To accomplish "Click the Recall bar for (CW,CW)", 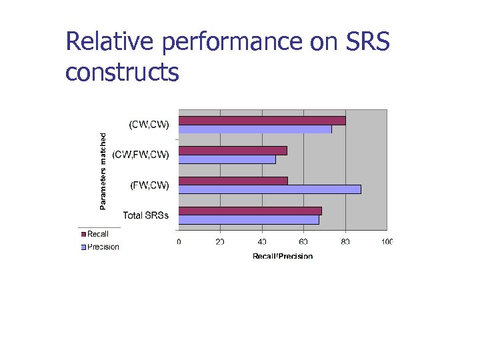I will pyautogui.click(x=262, y=121).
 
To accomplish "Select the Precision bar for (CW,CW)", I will pyautogui.click(x=255, y=129).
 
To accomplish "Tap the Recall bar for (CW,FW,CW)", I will pyautogui.click(x=233, y=151).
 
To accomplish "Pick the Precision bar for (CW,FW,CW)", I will pyautogui.click(x=227, y=159).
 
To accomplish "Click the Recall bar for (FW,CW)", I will pyautogui.click(x=233, y=181).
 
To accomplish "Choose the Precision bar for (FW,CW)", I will pyautogui.click(x=269, y=189).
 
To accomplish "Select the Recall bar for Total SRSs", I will pyautogui.click(x=250, y=211).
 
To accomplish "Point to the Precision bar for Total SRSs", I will pyautogui.click(x=249, y=219).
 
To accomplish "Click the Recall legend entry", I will pyautogui.click(x=95, y=234).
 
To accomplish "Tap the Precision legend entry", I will pyautogui.click(x=99, y=247).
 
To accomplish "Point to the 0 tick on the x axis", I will pyautogui.click(x=179, y=241).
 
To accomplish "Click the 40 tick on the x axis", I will pyautogui.click(x=261, y=241).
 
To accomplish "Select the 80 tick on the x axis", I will pyautogui.click(x=345, y=241).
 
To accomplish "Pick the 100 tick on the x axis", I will pyautogui.click(x=386, y=241).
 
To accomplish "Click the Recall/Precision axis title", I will pyautogui.click(x=282, y=255).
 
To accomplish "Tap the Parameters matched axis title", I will pyautogui.click(x=103, y=170).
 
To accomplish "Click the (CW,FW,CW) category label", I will pyautogui.click(x=141, y=155).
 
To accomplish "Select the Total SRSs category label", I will pyautogui.click(x=146, y=215).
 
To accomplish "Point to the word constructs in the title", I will pyautogui.click(x=122, y=71).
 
